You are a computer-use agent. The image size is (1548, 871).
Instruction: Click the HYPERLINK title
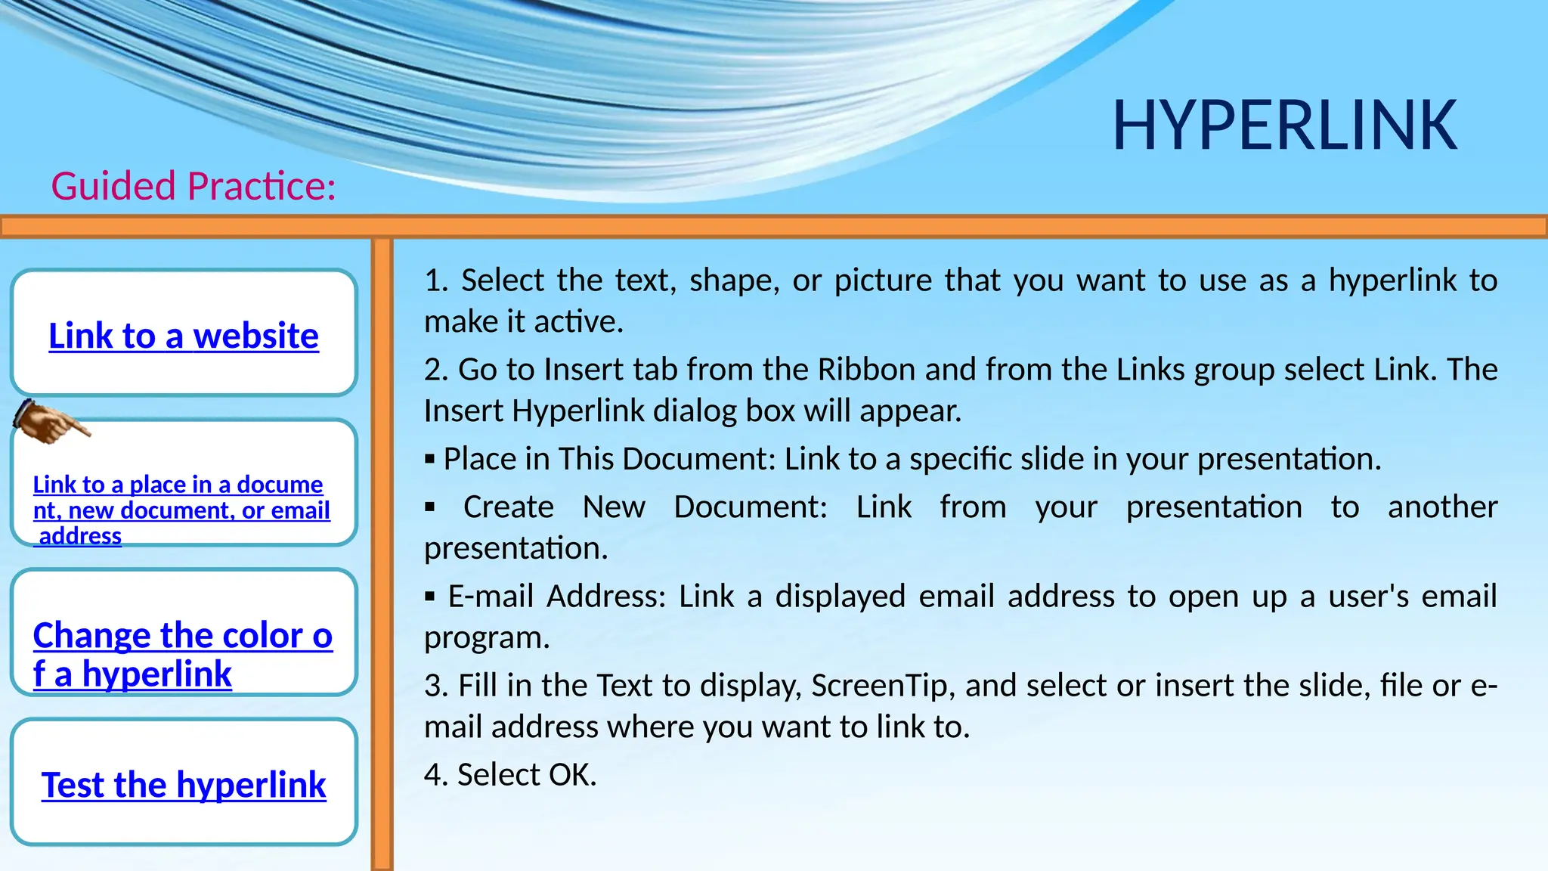click(x=1284, y=126)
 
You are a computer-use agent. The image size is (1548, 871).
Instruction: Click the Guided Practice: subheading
click(x=193, y=186)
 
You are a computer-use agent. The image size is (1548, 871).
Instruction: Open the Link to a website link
click(x=184, y=336)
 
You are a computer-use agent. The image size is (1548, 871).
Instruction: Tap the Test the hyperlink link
click(x=184, y=785)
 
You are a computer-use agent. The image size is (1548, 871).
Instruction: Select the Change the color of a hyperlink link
click(x=182, y=654)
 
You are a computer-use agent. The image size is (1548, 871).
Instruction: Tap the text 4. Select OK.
click(x=510, y=775)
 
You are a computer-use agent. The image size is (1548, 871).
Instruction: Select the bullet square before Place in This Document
click(x=430, y=459)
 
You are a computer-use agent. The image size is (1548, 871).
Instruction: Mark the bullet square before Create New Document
click(x=430, y=507)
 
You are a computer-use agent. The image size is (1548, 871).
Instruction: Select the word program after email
click(x=486, y=638)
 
